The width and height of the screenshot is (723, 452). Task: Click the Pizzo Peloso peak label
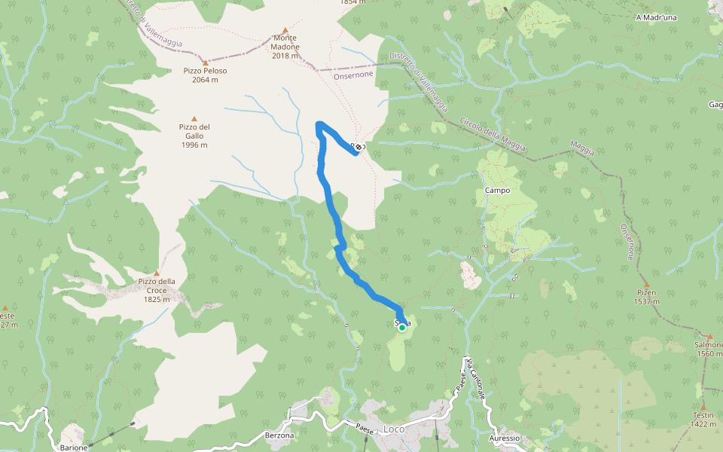[205, 71]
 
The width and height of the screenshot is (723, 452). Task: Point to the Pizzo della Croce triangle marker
[157, 273]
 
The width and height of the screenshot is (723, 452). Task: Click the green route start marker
[402, 327]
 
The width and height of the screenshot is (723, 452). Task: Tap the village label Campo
[498, 191]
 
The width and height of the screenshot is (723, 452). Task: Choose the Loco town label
[394, 429]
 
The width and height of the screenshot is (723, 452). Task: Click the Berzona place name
[279, 435]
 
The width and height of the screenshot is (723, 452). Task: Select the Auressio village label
[504, 438]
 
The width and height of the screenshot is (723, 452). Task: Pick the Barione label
[74, 447]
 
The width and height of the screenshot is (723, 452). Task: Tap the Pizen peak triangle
[645, 285]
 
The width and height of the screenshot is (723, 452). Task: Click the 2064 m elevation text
[205, 80]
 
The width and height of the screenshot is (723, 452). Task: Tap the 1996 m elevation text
[194, 145]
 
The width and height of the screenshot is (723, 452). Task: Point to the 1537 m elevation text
[645, 301]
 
